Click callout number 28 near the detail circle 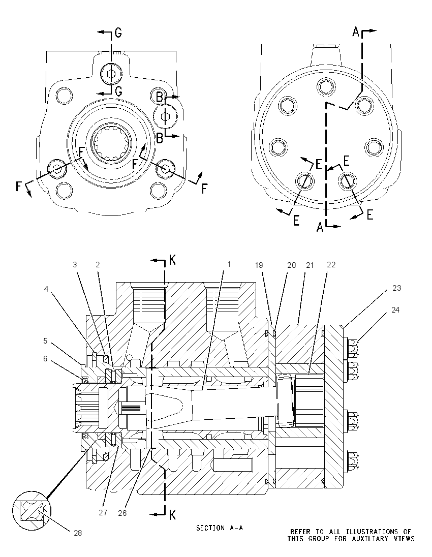point(77,533)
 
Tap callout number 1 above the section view point(229,264)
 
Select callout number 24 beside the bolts point(395,310)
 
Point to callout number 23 point(396,288)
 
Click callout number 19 point(259,265)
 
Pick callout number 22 point(331,265)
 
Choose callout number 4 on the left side point(46,289)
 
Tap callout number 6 point(45,359)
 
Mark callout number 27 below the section point(103,513)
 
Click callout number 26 point(122,513)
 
